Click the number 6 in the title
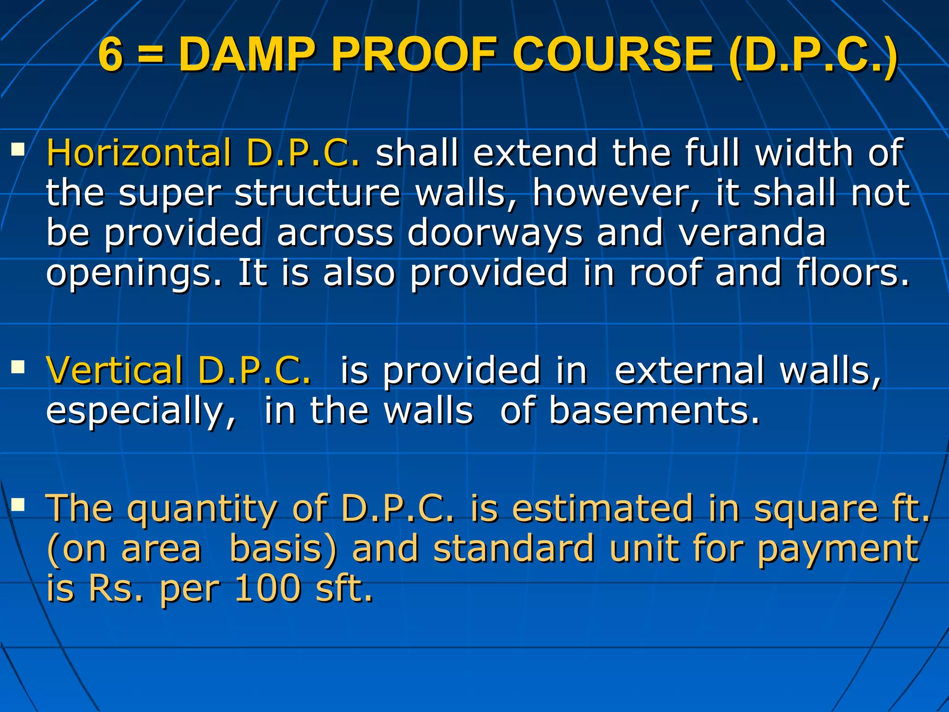[x=111, y=55]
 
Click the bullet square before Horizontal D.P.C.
[x=18, y=149]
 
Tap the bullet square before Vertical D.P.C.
[x=18, y=367]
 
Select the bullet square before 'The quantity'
[x=18, y=505]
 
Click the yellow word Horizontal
[x=139, y=153]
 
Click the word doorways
[x=494, y=233]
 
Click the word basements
[x=654, y=411]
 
